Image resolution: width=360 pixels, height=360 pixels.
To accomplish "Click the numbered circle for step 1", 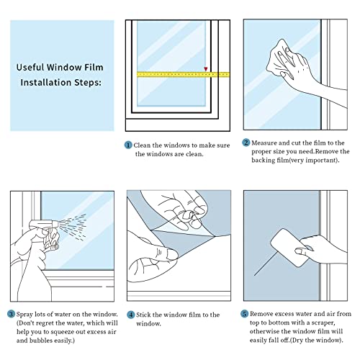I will pos(129,144).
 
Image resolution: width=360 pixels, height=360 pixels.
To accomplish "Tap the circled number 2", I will pos(246,143).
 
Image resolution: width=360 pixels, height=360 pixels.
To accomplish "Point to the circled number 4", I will pos(130,314).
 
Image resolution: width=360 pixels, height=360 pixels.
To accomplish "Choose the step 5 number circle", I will pos(246,314).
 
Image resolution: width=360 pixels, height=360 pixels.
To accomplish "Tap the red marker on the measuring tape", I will pos(207,70).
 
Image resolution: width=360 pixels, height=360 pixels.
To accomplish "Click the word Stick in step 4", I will pos(145,314).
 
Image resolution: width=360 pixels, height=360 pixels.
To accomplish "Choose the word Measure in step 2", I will pos(266,143).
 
